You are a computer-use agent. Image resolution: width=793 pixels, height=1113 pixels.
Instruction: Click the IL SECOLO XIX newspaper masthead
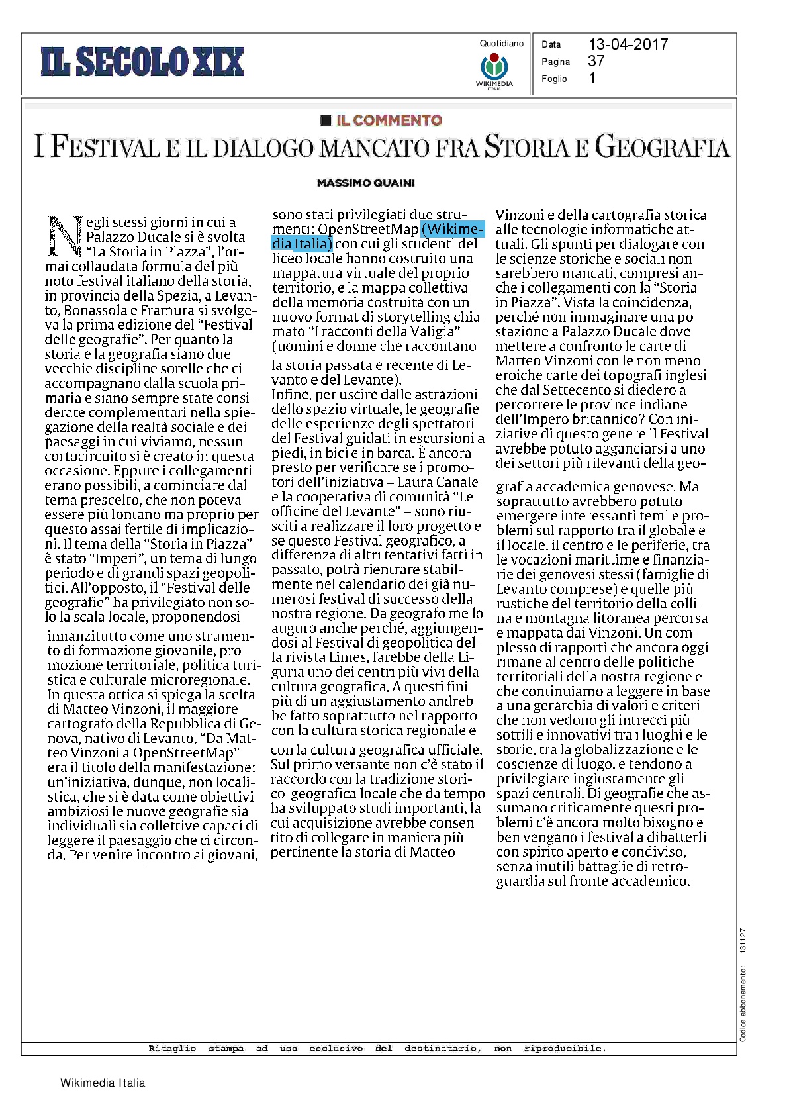pyautogui.click(x=142, y=62)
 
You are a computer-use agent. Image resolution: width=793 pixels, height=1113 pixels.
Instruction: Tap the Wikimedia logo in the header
pyautogui.click(x=494, y=68)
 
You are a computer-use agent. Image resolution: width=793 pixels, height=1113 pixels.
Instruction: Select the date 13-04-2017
pyautogui.click(x=628, y=44)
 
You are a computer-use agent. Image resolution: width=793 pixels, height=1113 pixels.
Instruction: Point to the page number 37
pyautogui.click(x=596, y=61)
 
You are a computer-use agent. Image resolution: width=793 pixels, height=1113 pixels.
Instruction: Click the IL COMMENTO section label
pyautogui.click(x=389, y=120)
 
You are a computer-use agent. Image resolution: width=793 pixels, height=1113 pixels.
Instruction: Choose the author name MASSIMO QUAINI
pyautogui.click(x=366, y=183)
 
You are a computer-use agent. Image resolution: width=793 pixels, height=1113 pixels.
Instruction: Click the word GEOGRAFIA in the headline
pyautogui.click(x=661, y=147)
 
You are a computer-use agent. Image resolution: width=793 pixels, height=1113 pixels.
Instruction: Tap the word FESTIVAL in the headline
pyautogui.click(x=106, y=147)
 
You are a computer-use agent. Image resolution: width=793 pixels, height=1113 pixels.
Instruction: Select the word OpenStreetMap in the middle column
pyautogui.click(x=368, y=230)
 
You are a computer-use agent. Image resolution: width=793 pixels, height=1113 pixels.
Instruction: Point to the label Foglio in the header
pyautogui.click(x=554, y=79)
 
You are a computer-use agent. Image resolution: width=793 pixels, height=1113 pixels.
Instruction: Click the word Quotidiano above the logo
pyautogui.click(x=501, y=44)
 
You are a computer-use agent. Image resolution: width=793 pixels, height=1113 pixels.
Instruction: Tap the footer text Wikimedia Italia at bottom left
pyautogui.click(x=103, y=1083)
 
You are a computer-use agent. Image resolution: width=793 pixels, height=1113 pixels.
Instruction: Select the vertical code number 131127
pyautogui.click(x=743, y=940)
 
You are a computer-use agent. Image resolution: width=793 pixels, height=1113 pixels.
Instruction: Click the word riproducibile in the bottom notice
pyautogui.click(x=564, y=1048)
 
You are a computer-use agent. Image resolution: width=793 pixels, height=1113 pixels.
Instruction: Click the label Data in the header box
pyautogui.click(x=551, y=44)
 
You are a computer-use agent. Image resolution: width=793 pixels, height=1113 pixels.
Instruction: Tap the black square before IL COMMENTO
pyautogui.click(x=325, y=120)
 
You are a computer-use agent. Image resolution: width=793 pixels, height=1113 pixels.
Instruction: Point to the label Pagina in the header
pyautogui.click(x=555, y=62)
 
